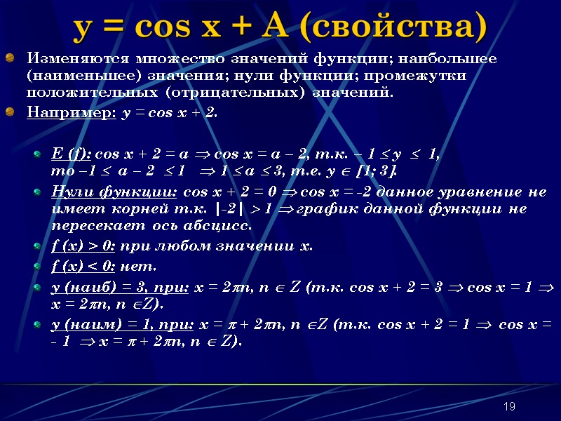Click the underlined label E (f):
coord(72,154)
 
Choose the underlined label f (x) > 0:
coord(84,246)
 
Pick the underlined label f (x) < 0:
coord(84,267)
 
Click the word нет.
coord(139,267)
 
